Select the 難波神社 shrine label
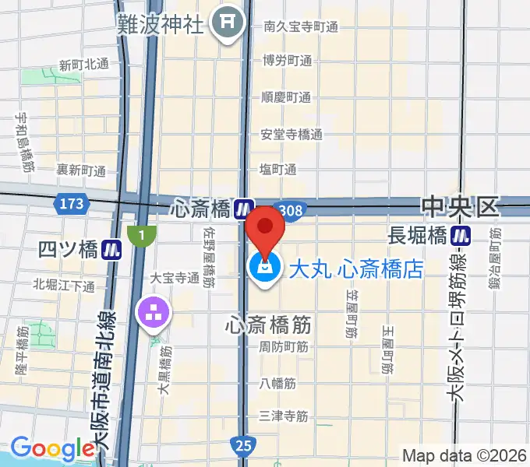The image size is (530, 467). [x=160, y=23]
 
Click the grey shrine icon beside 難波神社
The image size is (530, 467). [x=228, y=23]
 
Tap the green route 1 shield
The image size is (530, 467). [x=142, y=234]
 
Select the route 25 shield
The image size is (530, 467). [x=243, y=445]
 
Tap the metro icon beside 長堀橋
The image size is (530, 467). [x=465, y=234]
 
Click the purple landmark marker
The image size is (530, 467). [x=151, y=313]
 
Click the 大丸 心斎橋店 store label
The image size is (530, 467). [x=355, y=269]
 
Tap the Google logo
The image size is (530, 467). [x=52, y=448]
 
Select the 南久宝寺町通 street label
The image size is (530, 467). [x=300, y=26]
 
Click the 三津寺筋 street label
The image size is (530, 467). [x=284, y=416]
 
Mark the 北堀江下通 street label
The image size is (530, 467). [x=64, y=286]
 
